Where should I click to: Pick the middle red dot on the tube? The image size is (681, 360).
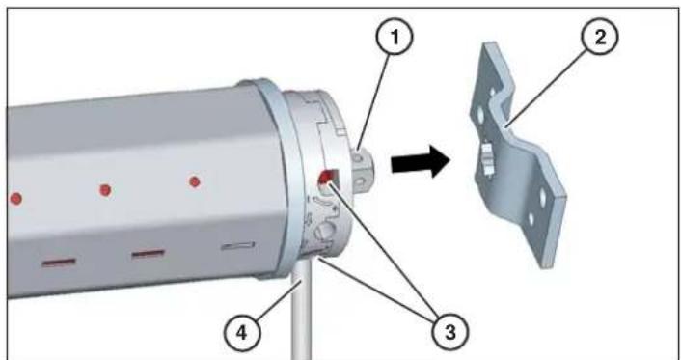106,189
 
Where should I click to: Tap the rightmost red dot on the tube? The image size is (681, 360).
194,180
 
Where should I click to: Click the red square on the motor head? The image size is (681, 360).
326,177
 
